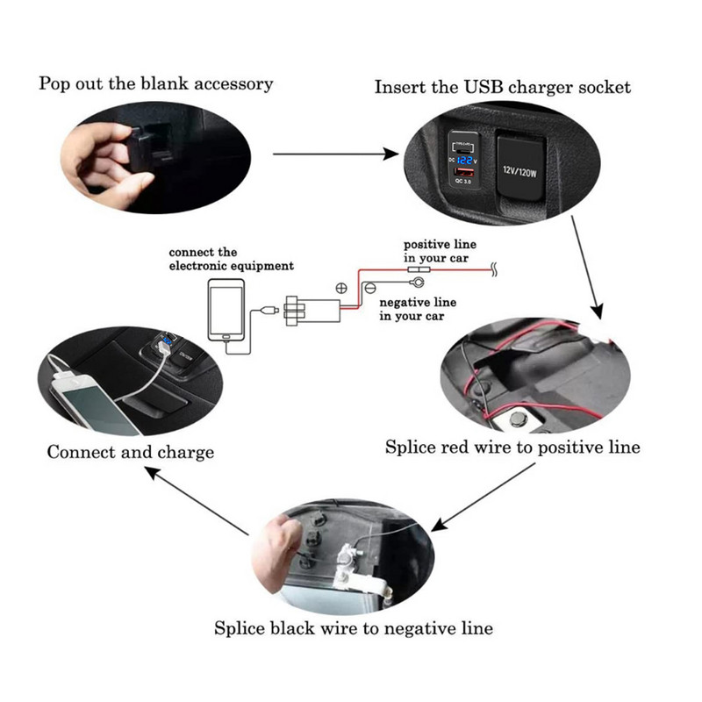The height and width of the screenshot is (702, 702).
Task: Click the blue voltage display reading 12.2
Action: pos(464,162)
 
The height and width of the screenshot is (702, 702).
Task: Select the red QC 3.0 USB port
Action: pos(461,181)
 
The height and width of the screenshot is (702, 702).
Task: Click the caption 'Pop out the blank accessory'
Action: pos(156,84)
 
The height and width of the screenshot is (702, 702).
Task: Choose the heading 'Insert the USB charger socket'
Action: pos(502,87)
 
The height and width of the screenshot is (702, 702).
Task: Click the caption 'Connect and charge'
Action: pos(130,453)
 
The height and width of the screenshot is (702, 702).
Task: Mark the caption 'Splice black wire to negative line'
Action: pos(354,628)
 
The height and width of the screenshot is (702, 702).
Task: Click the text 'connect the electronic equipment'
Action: pos(231,259)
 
